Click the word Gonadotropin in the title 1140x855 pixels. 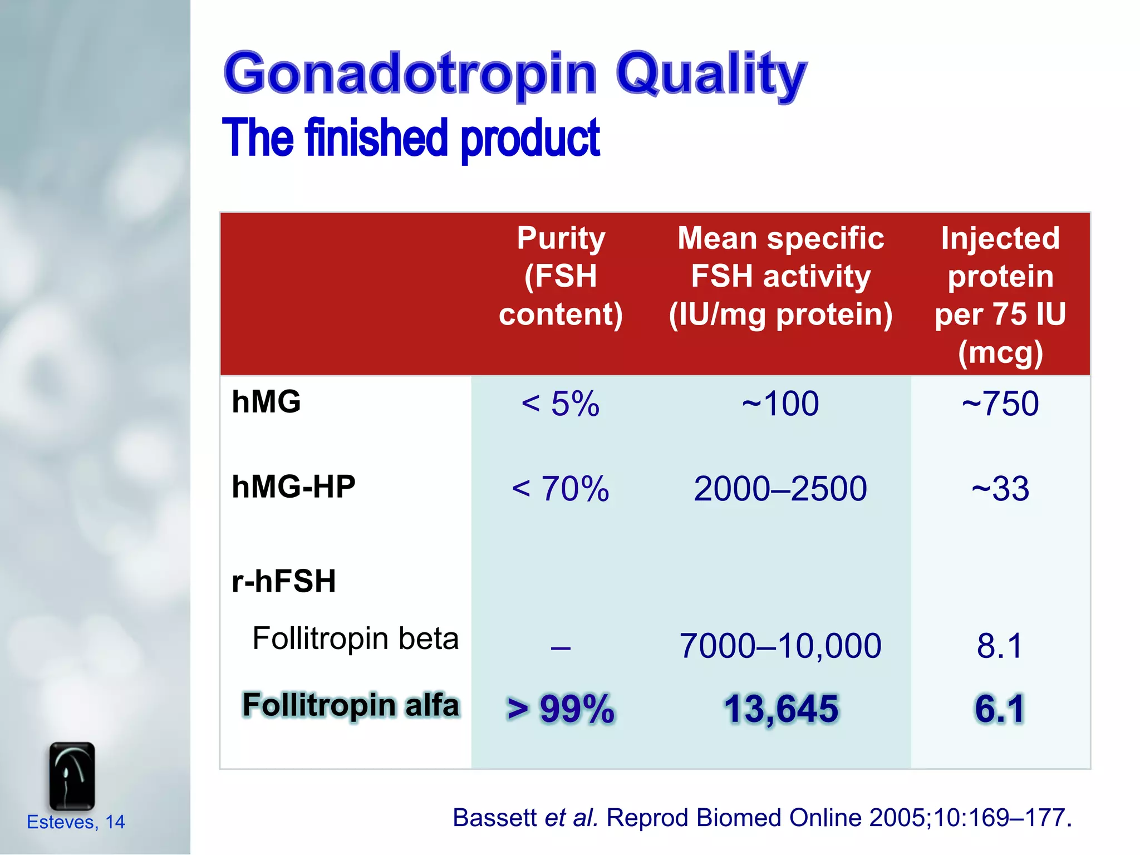410,74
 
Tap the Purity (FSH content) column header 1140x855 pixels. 561,276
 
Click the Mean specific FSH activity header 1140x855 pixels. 780,276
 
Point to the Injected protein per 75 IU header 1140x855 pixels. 1000,295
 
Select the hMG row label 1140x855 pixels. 266,402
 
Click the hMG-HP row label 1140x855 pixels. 293,487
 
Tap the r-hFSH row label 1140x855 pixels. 284,581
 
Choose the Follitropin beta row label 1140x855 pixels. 355,638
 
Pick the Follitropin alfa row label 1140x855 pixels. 351,705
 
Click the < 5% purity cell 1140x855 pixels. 561,404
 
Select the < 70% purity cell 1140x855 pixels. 561,489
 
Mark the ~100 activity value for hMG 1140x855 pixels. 780,404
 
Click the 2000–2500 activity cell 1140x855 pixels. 780,489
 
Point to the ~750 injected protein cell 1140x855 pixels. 1000,404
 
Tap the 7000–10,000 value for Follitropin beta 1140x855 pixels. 780,646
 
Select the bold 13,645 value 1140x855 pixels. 780,709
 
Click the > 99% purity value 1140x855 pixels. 561,709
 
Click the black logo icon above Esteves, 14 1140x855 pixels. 72,776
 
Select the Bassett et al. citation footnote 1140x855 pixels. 762,818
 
